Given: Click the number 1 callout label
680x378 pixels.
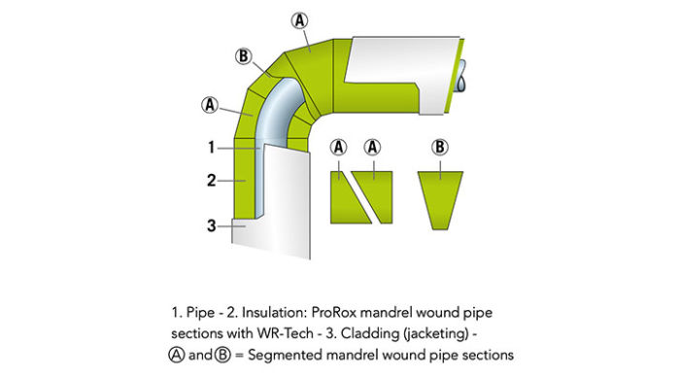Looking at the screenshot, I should pyautogui.click(x=211, y=149).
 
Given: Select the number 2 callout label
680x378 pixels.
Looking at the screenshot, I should pyautogui.click(x=211, y=181).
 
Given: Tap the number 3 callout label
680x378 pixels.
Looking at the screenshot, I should pyautogui.click(x=211, y=225).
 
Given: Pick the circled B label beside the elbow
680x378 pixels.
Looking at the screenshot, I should pyautogui.click(x=243, y=55).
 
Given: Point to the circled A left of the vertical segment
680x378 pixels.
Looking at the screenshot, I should pyautogui.click(x=209, y=102).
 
